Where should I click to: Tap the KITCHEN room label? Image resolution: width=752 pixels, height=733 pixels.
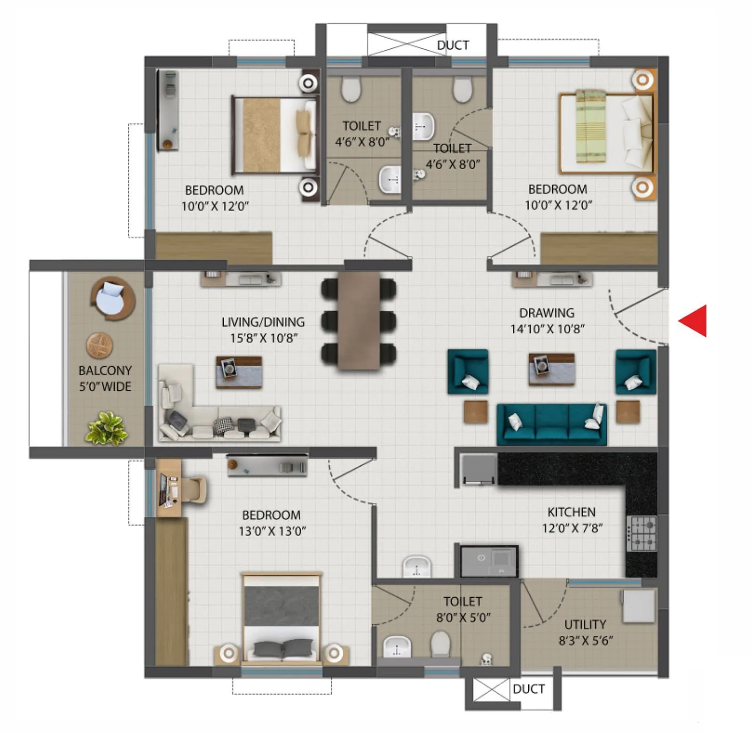click(x=571, y=512)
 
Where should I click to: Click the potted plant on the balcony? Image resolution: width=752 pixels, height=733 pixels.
click(x=106, y=428)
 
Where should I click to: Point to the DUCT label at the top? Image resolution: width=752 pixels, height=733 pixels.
click(x=453, y=45)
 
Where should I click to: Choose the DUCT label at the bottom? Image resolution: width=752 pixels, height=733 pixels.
click(x=529, y=689)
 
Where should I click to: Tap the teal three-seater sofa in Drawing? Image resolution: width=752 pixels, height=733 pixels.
click(x=552, y=424)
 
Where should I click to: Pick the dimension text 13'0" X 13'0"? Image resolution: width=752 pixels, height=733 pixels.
click(x=272, y=531)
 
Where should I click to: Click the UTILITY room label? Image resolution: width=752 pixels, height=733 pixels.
click(x=585, y=624)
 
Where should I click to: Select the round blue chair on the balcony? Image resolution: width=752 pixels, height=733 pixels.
click(x=112, y=299)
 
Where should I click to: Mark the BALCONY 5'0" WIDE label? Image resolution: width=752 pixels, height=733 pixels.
click(x=105, y=378)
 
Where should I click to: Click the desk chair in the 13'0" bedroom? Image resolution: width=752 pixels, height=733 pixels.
click(x=195, y=490)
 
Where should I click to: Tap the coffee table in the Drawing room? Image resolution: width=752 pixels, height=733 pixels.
click(x=551, y=369)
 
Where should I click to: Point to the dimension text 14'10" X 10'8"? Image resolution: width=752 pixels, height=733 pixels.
click(x=547, y=329)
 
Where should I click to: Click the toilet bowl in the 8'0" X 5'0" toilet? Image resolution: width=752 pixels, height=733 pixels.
click(x=440, y=643)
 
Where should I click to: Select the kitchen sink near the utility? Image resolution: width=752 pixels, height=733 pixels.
click(x=489, y=561)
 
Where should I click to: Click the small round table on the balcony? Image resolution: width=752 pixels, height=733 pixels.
click(x=100, y=345)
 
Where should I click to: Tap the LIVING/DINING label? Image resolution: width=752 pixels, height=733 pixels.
click(x=263, y=322)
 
